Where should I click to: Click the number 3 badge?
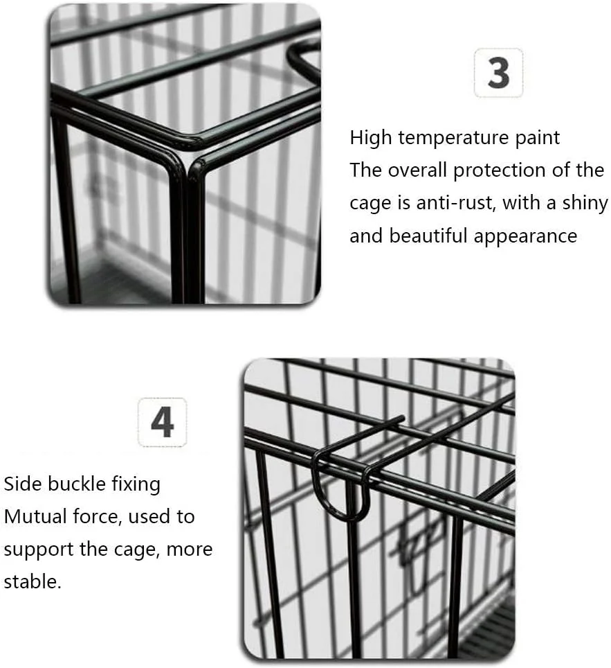pyautogui.click(x=498, y=73)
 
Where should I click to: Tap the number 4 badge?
pyautogui.click(x=162, y=422)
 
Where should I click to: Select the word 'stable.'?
pyautogui.click(x=33, y=581)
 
